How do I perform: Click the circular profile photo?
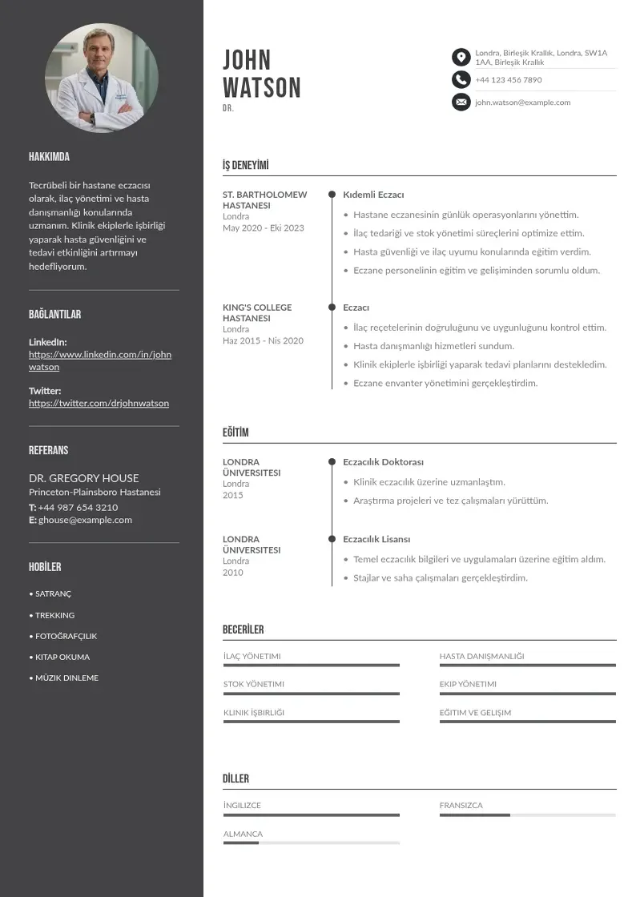[x=102, y=78]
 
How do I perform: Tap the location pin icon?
[x=461, y=57]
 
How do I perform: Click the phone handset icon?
[x=461, y=79]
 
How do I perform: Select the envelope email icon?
[x=461, y=102]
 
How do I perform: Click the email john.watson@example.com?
[x=522, y=103]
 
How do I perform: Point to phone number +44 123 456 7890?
[x=508, y=80]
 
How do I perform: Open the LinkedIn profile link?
[x=100, y=360]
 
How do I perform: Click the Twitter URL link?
[x=99, y=403]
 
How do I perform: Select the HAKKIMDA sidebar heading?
[x=49, y=157]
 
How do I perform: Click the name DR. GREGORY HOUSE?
[x=83, y=478]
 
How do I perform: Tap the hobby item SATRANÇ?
[x=53, y=594]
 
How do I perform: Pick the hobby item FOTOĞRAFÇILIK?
[x=66, y=636]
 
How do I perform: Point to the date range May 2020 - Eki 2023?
[x=264, y=228]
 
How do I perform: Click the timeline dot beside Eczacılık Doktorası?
[x=332, y=462]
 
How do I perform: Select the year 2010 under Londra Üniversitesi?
[x=232, y=573]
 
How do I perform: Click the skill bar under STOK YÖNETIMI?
[x=311, y=694]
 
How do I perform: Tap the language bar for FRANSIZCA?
[x=527, y=815]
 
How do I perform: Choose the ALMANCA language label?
[x=243, y=834]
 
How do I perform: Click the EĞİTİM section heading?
[x=235, y=432]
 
